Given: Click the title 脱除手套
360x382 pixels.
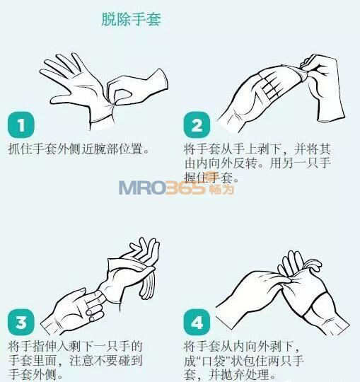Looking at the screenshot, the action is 132,19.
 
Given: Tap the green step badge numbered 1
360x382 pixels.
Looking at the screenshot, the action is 21,125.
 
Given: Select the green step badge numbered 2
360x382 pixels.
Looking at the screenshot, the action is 197,125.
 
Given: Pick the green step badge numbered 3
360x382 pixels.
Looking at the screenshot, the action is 21,323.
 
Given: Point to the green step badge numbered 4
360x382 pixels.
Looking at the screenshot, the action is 197,323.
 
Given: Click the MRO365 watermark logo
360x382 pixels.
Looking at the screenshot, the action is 177,187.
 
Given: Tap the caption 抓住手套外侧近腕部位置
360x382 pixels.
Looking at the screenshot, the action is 79,149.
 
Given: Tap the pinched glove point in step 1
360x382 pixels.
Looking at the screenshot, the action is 113,105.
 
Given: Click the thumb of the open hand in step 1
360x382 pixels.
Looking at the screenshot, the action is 60,99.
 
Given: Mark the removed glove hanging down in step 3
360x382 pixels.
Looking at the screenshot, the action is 146,285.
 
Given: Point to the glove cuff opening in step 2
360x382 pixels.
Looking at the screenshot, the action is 332,119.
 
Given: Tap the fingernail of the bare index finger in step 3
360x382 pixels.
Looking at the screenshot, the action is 81,291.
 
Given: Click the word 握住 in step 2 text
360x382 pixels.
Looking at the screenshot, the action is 197,178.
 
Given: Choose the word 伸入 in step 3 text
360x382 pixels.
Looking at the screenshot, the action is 57,347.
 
